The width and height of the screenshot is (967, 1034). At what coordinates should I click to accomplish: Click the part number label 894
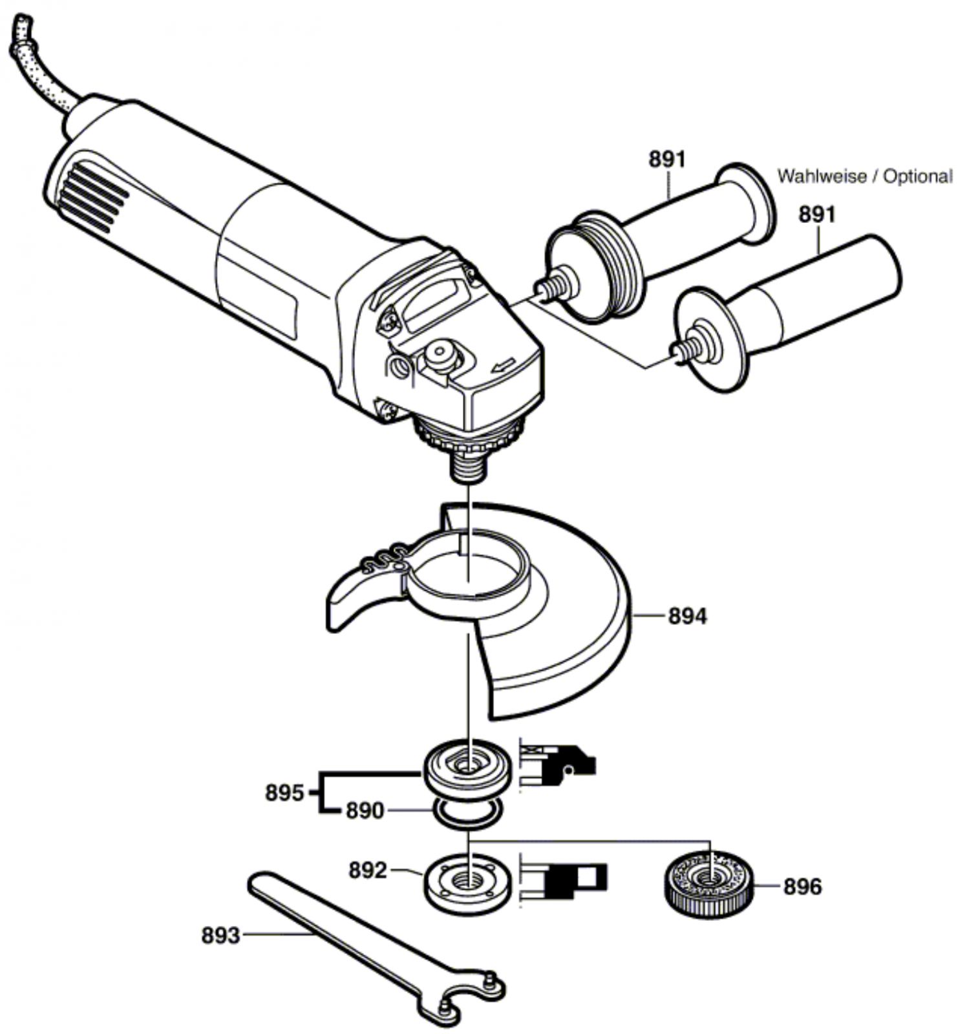pyautogui.click(x=687, y=616)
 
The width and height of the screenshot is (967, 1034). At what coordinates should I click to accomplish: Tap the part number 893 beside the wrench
pyautogui.click(x=220, y=934)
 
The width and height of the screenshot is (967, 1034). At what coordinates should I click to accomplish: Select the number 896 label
pyautogui.click(x=802, y=887)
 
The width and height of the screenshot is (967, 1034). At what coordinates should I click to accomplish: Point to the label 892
pyautogui.click(x=368, y=870)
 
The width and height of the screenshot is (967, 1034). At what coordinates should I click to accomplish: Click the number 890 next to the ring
pyautogui.click(x=365, y=810)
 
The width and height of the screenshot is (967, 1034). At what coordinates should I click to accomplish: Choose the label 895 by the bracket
pyautogui.click(x=284, y=792)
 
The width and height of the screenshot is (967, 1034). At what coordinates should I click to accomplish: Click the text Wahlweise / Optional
pyautogui.click(x=864, y=176)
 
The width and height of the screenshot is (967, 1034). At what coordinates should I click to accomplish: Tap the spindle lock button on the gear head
pyautogui.click(x=441, y=354)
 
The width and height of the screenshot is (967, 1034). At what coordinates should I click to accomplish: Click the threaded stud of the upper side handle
pyautogui.click(x=551, y=286)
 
